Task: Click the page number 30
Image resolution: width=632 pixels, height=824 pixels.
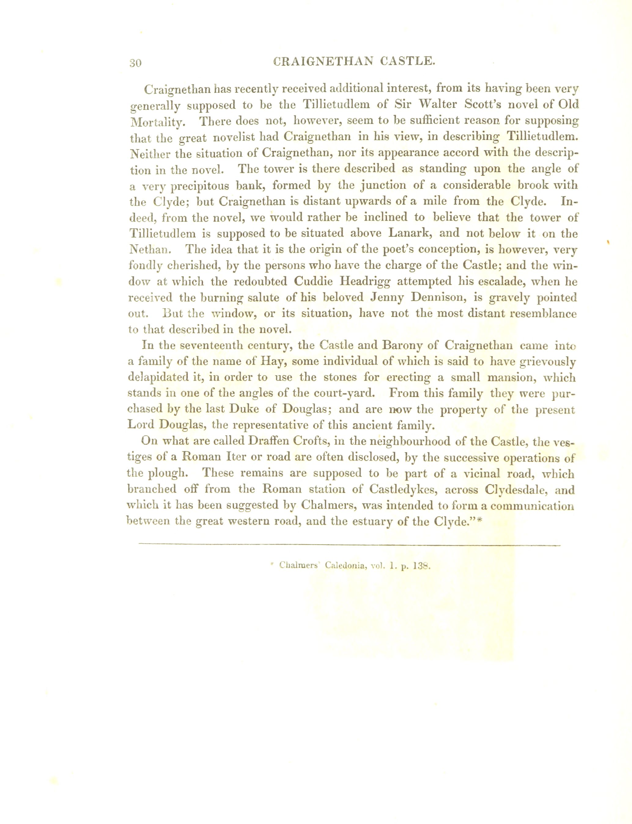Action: click(135, 63)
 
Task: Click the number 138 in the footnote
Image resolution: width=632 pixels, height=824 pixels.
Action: click(421, 566)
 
